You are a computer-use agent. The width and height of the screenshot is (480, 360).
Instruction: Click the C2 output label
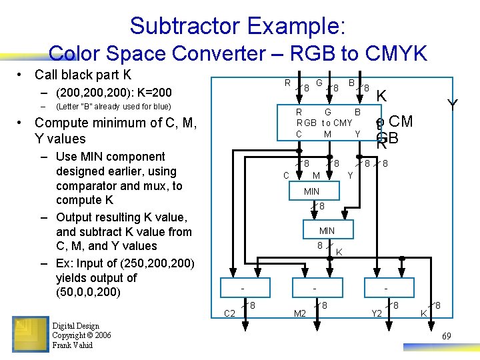tap(229, 313)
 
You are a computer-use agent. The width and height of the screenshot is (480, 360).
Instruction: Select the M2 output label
tap(300, 313)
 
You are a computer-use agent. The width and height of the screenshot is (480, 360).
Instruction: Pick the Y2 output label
tap(377, 313)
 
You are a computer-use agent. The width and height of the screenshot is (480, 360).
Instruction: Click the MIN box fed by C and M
tap(312, 192)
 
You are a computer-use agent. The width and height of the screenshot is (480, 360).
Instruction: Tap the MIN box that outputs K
tap(327, 231)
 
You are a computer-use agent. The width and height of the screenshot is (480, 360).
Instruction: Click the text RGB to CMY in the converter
tap(325, 123)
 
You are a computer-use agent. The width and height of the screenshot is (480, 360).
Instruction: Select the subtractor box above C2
tap(245, 289)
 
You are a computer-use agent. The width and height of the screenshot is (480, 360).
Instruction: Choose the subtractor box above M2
tap(314, 289)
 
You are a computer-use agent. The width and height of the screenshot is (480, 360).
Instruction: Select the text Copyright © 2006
tap(81, 335)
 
